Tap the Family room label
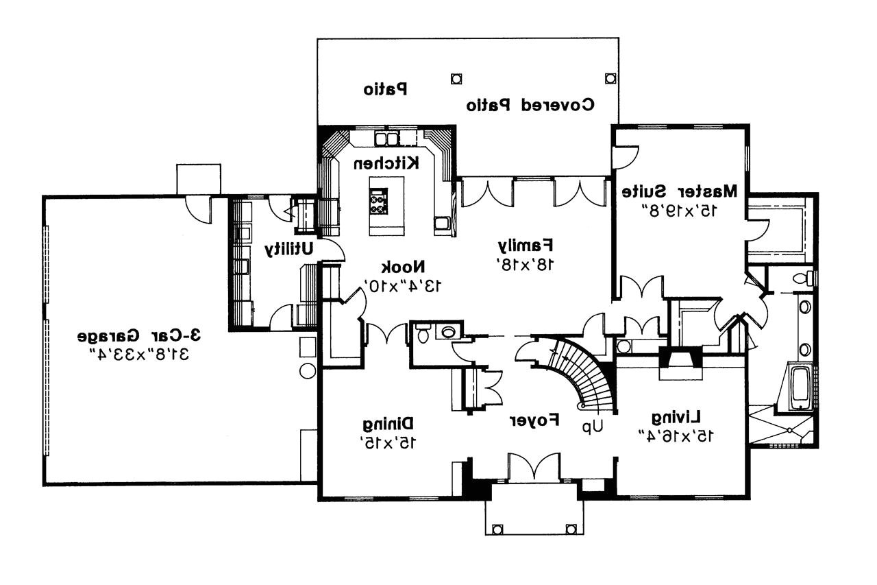526,245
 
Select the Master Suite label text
680,191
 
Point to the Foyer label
534,420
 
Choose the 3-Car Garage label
140,336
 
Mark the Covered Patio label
530,106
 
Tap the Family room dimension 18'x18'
526,263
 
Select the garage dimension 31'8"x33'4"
140,355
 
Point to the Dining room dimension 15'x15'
387,443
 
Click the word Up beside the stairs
592,426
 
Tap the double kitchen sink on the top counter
386,139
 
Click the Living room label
676,417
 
